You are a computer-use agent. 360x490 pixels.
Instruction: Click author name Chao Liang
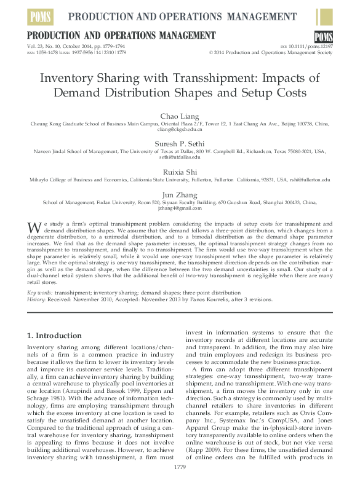180,116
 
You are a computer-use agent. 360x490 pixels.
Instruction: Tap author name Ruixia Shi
180,172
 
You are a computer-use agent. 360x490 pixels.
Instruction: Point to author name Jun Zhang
180,194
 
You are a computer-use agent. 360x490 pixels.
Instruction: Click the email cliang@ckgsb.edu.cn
180,129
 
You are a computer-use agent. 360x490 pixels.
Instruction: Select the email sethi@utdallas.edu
180,157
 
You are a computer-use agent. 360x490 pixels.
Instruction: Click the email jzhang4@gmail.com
180,208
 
